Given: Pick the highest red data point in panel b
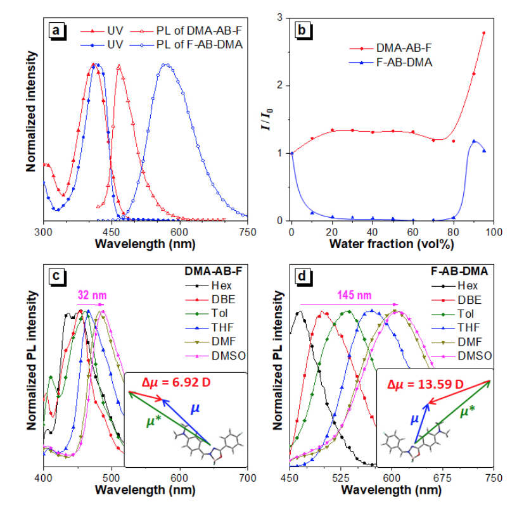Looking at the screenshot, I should pyautogui.click(x=484, y=33).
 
